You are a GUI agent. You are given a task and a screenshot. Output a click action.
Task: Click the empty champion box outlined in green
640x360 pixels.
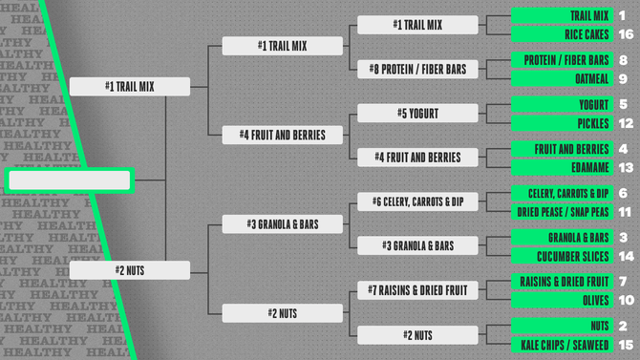pyautogui.click(x=69, y=180)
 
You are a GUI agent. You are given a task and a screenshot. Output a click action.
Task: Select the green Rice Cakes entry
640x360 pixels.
pyautogui.click(x=562, y=34)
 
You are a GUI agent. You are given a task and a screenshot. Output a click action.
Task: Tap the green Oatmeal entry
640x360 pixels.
pyautogui.click(x=562, y=78)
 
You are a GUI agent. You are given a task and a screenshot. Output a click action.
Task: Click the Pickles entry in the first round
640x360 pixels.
pyautogui.click(x=562, y=123)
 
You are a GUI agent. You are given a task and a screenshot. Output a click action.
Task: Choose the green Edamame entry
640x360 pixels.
pyautogui.click(x=562, y=167)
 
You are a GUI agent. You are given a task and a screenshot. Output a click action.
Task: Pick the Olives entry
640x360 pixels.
pyautogui.click(x=562, y=300)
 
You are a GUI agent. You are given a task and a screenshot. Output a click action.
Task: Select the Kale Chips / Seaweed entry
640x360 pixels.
pyautogui.click(x=562, y=344)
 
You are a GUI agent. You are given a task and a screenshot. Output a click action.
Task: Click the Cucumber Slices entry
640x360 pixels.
pyautogui.click(x=562, y=256)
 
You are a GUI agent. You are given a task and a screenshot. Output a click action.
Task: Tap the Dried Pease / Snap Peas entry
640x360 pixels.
pyautogui.click(x=562, y=211)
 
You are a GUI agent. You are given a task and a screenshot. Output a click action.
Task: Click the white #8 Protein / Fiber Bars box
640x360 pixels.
pyautogui.click(x=417, y=69)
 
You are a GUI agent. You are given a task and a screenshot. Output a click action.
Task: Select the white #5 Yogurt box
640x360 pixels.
pyautogui.click(x=417, y=114)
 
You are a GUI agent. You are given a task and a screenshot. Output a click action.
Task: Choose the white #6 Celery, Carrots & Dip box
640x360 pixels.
pyautogui.click(x=417, y=201)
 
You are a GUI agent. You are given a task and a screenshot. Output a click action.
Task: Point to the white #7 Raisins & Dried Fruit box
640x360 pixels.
pyautogui.click(x=417, y=289)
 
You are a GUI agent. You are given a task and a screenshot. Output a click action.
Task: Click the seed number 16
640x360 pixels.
pyautogui.click(x=625, y=34)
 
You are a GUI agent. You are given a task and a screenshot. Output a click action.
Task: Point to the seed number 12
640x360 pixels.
pyautogui.click(x=625, y=123)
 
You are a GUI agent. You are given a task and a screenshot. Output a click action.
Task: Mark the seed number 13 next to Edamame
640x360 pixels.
pyautogui.click(x=625, y=167)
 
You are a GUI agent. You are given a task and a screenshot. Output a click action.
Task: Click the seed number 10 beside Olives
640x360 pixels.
pyautogui.click(x=625, y=300)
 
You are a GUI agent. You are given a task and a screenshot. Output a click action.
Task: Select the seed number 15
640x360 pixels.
pyautogui.click(x=625, y=344)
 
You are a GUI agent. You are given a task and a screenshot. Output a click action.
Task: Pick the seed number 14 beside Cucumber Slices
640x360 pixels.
pyautogui.click(x=625, y=256)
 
